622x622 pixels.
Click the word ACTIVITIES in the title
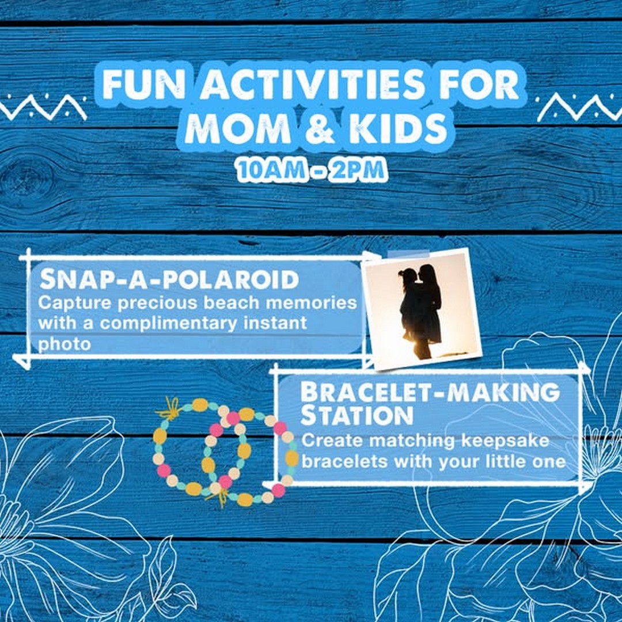(312, 84)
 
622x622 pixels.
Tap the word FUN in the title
(144, 84)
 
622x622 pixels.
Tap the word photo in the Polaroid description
(65, 344)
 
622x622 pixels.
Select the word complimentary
(169, 323)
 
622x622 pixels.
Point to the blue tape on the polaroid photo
(408, 254)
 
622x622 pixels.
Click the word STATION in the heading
(356, 415)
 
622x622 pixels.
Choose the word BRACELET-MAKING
(430, 392)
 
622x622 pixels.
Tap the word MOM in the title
(238, 128)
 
